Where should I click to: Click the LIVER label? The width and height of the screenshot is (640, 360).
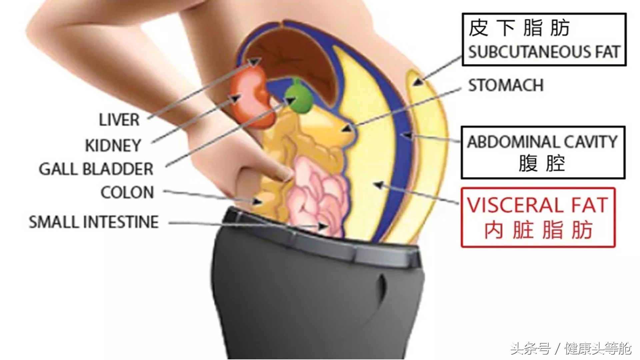(x=119, y=120)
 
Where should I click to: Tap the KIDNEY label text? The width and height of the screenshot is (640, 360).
(x=113, y=145)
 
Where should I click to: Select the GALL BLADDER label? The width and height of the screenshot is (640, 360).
(x=96, y=169)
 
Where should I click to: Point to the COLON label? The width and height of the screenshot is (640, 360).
(x=127, y=192)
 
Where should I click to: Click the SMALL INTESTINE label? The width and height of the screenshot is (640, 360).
(x=94, y=222)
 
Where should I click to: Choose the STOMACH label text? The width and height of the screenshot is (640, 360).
(x=506, y=85)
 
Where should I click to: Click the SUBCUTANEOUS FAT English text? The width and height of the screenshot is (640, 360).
(x=544, y=52)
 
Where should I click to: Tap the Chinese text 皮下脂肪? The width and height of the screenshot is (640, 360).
(x=519, y=28)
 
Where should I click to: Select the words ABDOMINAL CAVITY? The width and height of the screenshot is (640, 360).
(x=542, y=142)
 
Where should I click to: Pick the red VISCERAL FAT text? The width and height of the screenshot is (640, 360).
(x=537, y=205)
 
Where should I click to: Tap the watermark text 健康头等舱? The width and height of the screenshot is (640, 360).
(x=598, y=349)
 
